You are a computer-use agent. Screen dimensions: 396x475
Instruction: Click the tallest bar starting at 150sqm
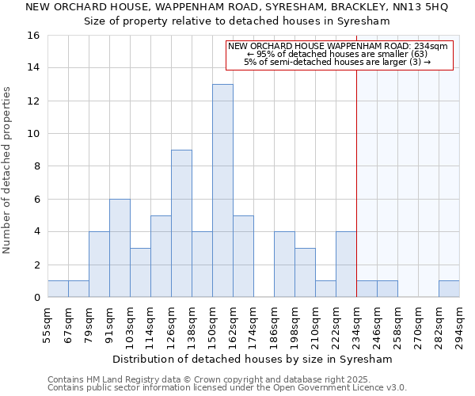pyautogui.click(x=222, y=190)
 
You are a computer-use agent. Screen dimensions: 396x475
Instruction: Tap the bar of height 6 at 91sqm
pyautogui.click(x=120, y=248)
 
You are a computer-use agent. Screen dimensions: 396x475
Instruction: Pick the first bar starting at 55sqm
pyautogui.click(x=58, y=289)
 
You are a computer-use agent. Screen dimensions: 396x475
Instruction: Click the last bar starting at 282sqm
pyautogui.click(x=449, y=289)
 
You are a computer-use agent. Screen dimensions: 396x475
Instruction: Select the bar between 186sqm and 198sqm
pyautogui.click(x=284, y=265)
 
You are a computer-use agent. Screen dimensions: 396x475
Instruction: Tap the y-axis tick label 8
pyautogui.click(x=36, y=166)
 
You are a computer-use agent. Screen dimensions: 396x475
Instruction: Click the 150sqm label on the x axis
pyautogui.click(x=212, y=325)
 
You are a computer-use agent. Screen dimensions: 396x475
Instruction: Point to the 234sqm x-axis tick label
pyautogui.click(x=356, y=325)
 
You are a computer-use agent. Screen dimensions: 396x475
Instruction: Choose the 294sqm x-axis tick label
pyautogui.click(x=459, y=325)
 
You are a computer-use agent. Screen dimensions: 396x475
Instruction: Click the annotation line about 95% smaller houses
pyautogui.click(x=338, y=54)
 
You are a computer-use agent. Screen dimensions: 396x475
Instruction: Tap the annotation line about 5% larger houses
pyautogui.click(x=338, y=62)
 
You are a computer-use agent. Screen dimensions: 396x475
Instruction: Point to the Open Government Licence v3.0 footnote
pyautogui.click(x=227, y=388)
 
